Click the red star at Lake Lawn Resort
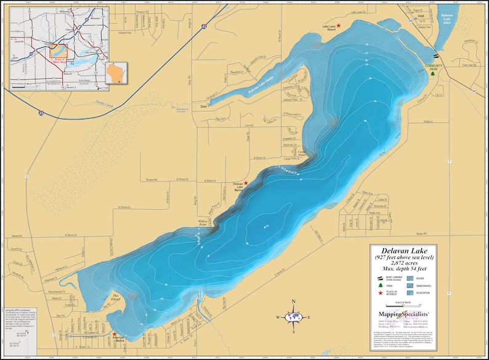point(338,26)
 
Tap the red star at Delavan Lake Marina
point(246,183)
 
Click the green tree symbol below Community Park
point(433,79)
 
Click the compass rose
point(294,317)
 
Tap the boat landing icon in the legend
point(379,278)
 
